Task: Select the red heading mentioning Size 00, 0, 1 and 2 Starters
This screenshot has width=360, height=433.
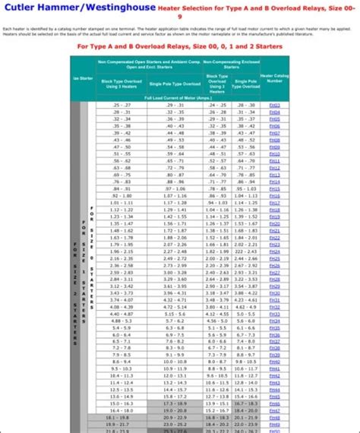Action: (180, 45)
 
